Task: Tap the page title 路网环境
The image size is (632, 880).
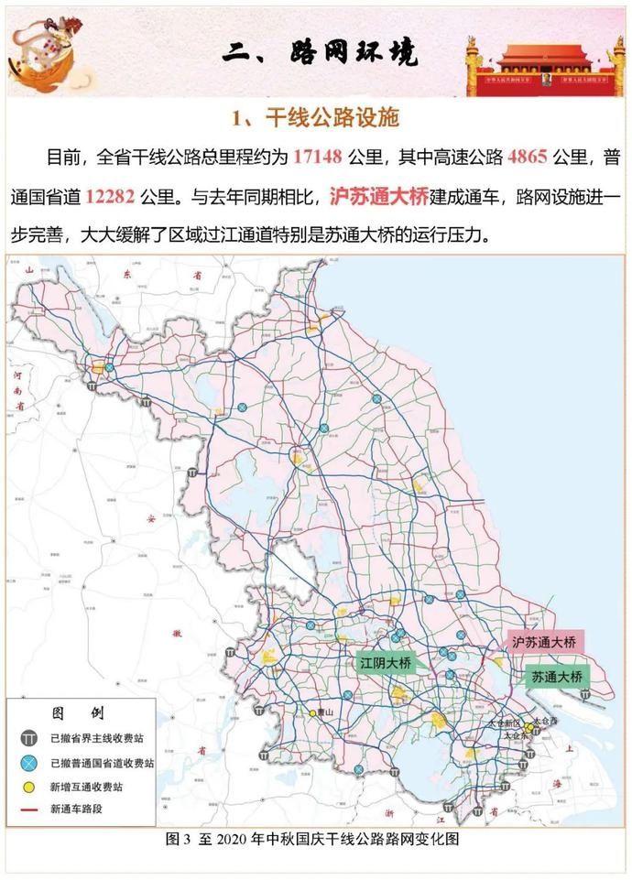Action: click(x=320, y=52)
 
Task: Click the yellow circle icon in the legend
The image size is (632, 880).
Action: click(x=30, y=785)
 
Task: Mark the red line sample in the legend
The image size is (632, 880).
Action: click(x=30, y=809)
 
